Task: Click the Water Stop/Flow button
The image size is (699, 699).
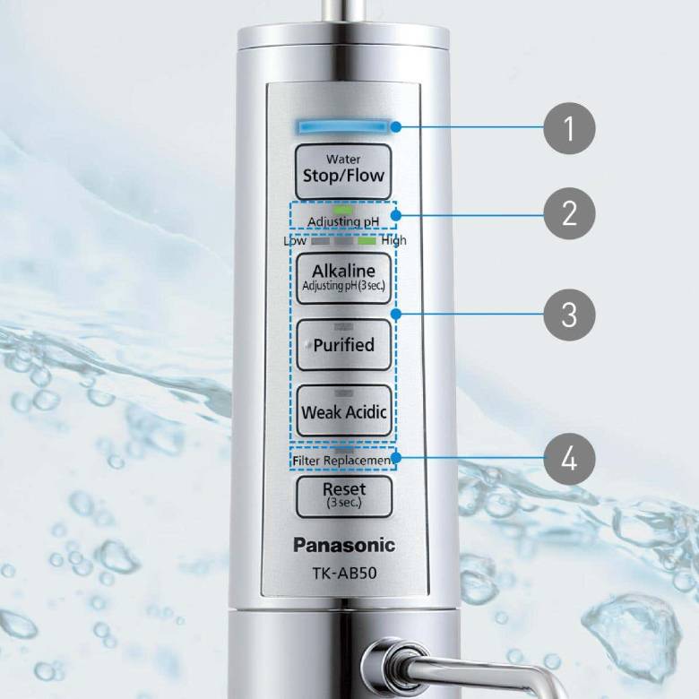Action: pyautogui.click(x=343, y=170)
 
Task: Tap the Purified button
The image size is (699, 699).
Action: pyautogui.click(x=343, y=344)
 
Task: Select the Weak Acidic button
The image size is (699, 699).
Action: pyautogui.click(x=343, y=411)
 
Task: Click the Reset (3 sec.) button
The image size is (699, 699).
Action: pyautogui.click(x=343, y=494)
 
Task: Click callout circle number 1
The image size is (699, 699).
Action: pyautogui.click(x=569, y=129)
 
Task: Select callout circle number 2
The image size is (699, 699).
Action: pyautogui.click(x=569, y=213)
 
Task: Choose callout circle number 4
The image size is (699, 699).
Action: pyautogui.click(x=569, y=461)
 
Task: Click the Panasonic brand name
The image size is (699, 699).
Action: pyautogui.click(x=343, y=544)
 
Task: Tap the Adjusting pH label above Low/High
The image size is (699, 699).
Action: pyautogui.click(x=343, y=221)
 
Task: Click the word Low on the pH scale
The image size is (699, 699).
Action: pyautogui.click(x=295, y=240)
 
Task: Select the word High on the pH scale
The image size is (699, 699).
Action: pyautogui.click(x=393, y=240)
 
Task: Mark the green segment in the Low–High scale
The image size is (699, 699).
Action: pyautogui.click(x=367, y=240)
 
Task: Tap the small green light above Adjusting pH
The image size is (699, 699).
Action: pyautogui.click(x=343, y=209)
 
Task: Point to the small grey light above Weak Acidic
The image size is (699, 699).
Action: pyautogui.click(x=343, y=393)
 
